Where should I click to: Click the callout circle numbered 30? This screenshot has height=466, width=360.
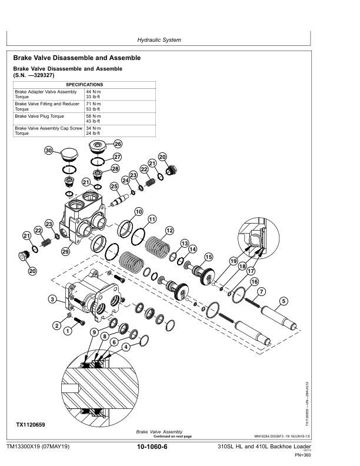[x=49, y=151]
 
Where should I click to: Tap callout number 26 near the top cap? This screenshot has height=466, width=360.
[x=118, y=144]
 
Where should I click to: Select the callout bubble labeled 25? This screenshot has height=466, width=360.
[x=114, y=187]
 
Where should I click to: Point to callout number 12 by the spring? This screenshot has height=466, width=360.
[x=169, y=230]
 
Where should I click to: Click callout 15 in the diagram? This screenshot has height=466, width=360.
[x=208, y=257]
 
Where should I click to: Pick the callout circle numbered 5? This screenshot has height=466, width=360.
[x=284, y=301]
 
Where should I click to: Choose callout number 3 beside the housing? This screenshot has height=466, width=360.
[x=52, y=299]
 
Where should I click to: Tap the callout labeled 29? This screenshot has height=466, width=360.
[x=65, y=252]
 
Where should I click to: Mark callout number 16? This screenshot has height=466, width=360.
[x=254, y=282]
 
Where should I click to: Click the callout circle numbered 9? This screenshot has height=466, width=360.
[x=94, y=332]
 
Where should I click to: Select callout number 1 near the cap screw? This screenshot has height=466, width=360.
[x=67, y=331]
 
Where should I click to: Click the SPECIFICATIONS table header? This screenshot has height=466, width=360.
[x=85, y=85]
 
